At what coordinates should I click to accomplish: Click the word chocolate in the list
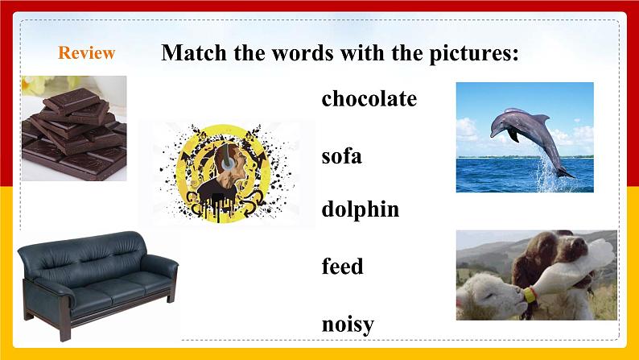(369, 98)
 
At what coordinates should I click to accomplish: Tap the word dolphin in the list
(360, 209)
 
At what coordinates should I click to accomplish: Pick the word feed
(342, 266)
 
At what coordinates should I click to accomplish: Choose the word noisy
(348, 324)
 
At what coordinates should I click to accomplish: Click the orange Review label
(87, 53)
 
